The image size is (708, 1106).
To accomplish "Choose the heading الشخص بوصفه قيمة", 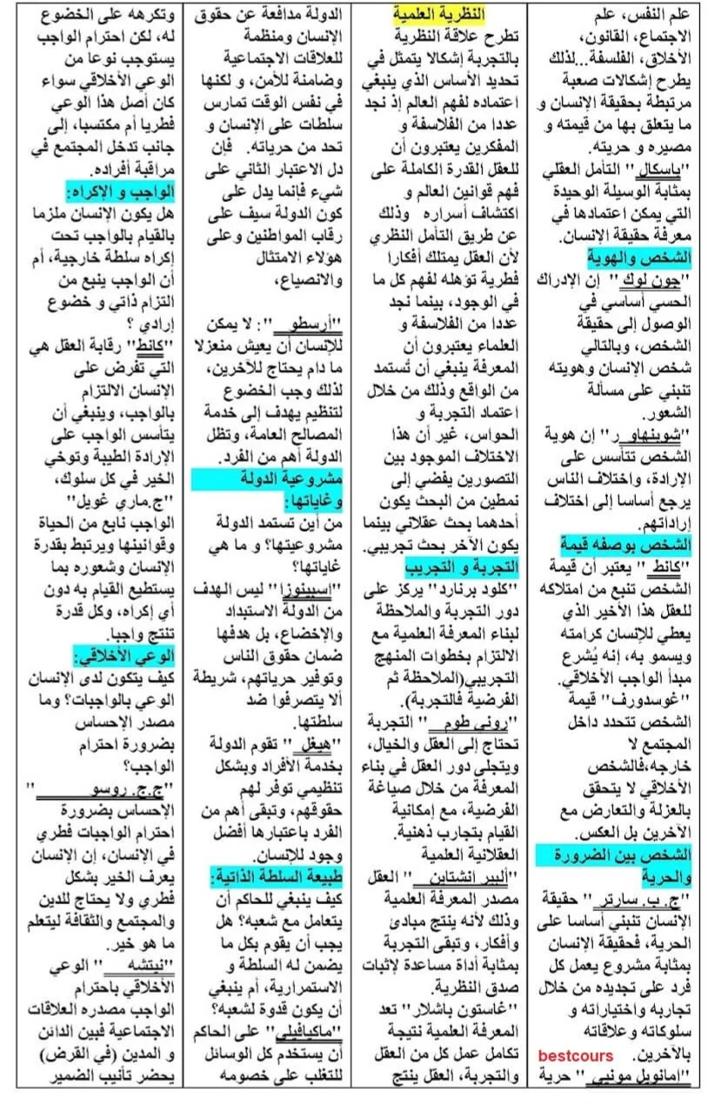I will click(x=623, y=546).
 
